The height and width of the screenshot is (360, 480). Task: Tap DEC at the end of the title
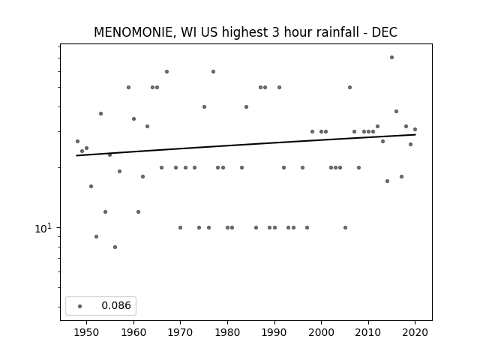click(384, 32)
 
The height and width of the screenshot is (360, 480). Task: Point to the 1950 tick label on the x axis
click(87, 332)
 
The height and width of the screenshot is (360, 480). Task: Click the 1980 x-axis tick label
click(227, 332)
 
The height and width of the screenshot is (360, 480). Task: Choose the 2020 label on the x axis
click(415, 332)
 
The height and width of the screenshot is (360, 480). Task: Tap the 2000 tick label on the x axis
click(321, 332)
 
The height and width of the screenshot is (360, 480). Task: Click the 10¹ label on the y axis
click(43, 228)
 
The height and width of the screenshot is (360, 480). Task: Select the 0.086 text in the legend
click(116, 305)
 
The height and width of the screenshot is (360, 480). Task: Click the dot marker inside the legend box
click(80, 306)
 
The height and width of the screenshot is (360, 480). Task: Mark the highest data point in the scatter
click(391, 57)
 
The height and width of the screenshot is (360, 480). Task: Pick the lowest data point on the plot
click(115, 247)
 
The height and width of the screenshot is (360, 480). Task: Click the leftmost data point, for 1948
click(77, 141)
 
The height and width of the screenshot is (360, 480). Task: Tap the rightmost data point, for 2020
click(415, 129)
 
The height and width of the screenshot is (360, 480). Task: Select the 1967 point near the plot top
click(166, 72)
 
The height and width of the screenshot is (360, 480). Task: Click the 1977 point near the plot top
click(213, 72)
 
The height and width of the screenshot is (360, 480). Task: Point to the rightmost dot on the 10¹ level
click(345, 227)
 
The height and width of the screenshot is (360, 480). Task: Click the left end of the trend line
click(76, 155)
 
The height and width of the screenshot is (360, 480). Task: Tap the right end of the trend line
click(415, 134)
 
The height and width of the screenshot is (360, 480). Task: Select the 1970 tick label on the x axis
click(180, 332)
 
